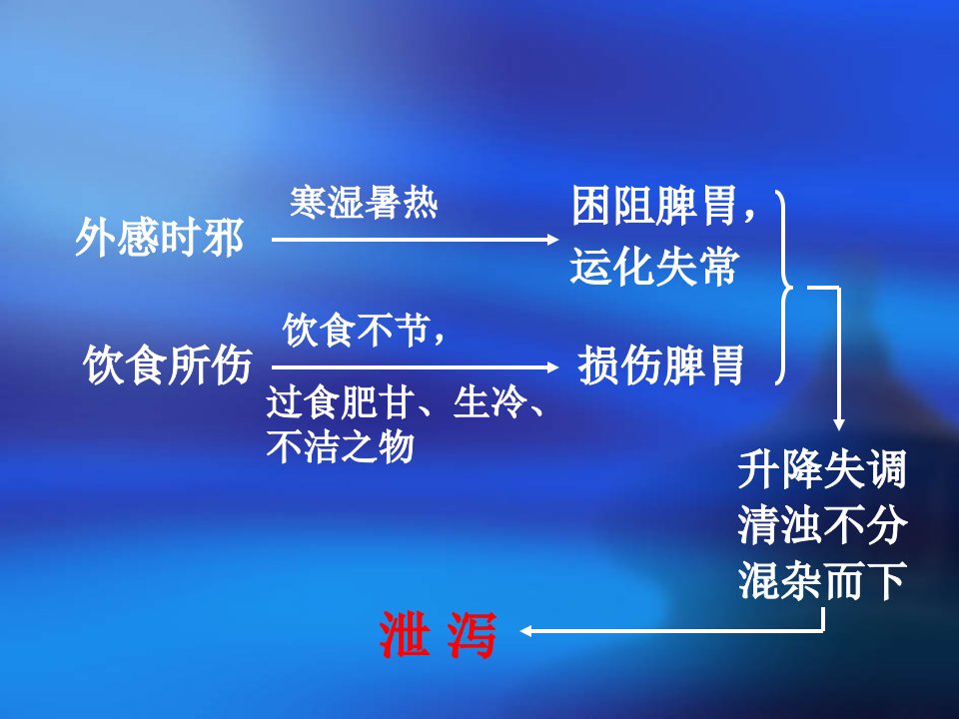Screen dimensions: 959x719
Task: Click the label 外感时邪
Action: pos(160,238)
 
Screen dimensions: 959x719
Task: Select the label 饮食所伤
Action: pos(168,365)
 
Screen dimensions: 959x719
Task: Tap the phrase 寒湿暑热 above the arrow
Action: pos(364,203)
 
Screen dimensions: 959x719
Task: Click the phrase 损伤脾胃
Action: pos(661,365)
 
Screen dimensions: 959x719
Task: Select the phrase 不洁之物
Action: pos(341,446)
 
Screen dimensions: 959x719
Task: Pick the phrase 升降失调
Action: pos(821,469)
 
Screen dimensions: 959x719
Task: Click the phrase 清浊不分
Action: pos(821,525)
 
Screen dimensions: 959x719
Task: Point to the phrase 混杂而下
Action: pos(821,580)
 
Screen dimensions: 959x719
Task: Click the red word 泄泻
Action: pos(438,635)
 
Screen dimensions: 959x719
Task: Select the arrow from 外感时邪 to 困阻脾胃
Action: pos(416,240)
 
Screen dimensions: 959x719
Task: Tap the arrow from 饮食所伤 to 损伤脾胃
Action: pos(416,367)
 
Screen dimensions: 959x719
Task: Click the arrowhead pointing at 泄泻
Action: pos(525,631)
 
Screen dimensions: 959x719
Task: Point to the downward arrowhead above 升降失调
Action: pos(839,425)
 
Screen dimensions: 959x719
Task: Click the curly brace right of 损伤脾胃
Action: pos(784,287)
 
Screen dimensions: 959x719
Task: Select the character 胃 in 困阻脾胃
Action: pos(718,206)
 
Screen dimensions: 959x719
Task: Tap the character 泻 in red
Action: pos(471,635)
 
